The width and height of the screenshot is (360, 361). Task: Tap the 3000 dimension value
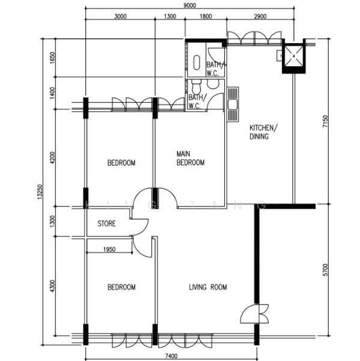(120, 17)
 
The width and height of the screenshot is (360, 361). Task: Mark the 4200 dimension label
(53, 158)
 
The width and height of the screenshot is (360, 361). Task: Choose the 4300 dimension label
(53, 285)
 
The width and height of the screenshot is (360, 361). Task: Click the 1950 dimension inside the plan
(109, 249)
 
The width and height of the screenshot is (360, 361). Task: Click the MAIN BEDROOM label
(191, 158)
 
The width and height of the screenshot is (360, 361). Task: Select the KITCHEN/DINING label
(263, 132)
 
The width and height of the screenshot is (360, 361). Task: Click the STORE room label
(106, 224)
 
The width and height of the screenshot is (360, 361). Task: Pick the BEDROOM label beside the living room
(121, 288)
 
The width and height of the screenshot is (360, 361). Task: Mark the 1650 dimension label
(53, 59)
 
